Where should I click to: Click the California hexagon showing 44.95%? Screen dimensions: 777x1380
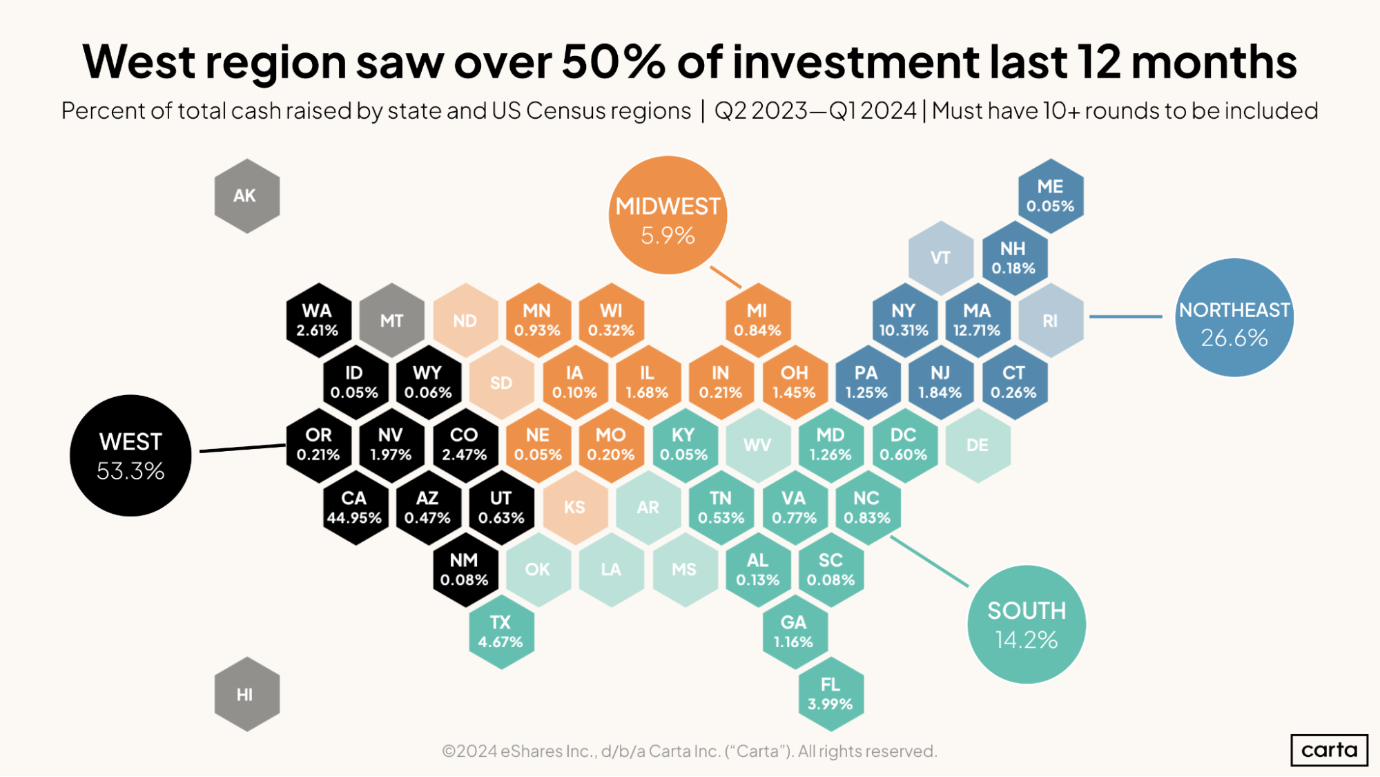354,508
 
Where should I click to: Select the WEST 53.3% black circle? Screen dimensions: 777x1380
130,456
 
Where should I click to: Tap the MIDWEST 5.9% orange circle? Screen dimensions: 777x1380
668,215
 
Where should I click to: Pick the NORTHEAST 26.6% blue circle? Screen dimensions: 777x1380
1234,318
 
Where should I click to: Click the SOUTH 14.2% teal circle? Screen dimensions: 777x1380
1026,624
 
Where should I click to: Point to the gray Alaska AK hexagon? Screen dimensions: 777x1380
246,196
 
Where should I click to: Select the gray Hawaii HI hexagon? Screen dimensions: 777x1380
246,694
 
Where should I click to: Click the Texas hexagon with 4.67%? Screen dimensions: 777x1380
501,632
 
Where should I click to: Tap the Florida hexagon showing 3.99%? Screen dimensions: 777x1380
830,694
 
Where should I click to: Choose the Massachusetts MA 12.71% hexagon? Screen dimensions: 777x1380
977,320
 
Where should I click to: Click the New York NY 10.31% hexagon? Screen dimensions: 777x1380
904,320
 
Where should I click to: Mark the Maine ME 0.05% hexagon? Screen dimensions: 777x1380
1050,196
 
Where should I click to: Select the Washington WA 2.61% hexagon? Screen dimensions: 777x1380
318,320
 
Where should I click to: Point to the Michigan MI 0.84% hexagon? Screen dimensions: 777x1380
757,320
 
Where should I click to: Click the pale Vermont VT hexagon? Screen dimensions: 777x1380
940,258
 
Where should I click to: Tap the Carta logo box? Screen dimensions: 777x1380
1329,750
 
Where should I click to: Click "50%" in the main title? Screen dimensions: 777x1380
613,62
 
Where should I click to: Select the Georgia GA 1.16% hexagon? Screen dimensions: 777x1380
794,632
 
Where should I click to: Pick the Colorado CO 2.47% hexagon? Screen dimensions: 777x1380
465,445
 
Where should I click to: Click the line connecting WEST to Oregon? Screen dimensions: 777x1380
242,448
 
